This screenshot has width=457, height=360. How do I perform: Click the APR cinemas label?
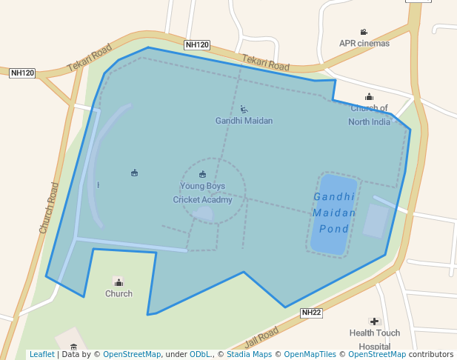(364, 43)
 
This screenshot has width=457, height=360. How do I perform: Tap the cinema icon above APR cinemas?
(364, 32)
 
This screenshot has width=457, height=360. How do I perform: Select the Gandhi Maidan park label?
(244, 121)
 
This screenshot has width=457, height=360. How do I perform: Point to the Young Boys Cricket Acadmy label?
(202, 193)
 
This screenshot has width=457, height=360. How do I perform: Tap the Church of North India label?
(369, 116)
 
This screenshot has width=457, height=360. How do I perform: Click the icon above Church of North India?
(369, 97)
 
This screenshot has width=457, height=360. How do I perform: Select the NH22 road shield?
(311, 313)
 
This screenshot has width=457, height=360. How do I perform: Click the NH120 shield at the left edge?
(22, 73)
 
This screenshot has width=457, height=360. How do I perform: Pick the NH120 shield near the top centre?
(197, 45)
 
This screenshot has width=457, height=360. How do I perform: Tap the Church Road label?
(49, 208)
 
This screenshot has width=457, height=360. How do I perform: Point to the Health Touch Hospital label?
(374, 339)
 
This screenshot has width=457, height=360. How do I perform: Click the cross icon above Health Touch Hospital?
(375, 321)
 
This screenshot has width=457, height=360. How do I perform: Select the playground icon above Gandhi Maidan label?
(244, 110)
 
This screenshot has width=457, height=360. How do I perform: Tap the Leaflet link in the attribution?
(41, 355)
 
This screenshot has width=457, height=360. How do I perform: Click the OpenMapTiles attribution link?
(310, 355)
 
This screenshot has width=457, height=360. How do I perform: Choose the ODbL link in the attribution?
(200, 355)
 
